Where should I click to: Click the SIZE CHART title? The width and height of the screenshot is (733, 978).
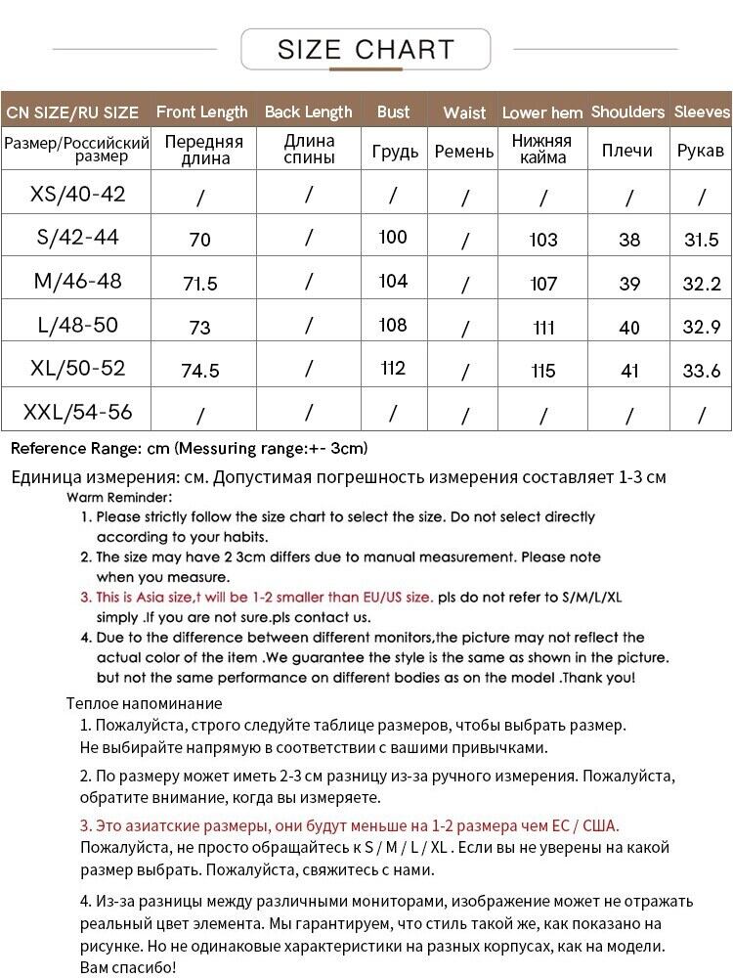click(366, 49)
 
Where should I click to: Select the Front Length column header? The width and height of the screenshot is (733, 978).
click(202, 111)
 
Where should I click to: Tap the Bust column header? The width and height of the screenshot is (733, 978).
click(394, 111)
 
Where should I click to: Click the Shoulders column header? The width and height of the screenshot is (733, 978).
click(627, 111)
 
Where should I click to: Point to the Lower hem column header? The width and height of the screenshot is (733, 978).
click(542, 112)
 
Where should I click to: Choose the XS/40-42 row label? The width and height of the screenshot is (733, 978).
click(78, 194)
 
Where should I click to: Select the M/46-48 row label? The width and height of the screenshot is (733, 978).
click(78, 282)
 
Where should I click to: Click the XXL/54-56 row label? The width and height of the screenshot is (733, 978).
click(78, 412)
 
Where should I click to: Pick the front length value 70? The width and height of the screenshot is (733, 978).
click(200, 240)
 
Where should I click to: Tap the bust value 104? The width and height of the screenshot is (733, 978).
click(393, 282)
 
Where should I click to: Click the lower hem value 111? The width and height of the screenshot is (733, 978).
click(543, 327)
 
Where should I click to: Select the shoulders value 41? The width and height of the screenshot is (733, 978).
click(629, 371)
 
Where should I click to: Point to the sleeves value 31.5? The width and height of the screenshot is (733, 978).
click(701, 240)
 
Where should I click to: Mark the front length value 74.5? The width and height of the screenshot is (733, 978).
click(200, 371)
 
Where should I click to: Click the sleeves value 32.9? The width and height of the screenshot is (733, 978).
click(701, 327)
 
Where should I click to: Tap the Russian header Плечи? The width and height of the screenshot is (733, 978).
click(627, 151)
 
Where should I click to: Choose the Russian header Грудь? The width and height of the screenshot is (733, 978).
click(395, 151)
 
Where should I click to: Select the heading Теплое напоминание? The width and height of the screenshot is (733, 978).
click(144, 703)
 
